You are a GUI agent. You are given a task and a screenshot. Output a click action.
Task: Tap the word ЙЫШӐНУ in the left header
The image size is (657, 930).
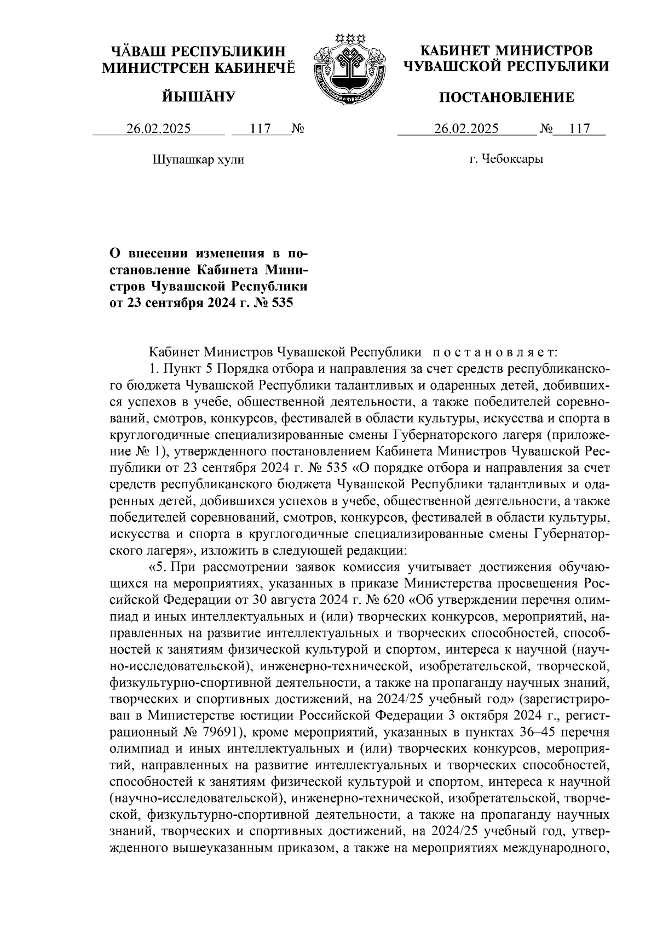tap(198, 98)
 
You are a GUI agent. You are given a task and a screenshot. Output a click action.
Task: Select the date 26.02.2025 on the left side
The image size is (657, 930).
tap(159, 129)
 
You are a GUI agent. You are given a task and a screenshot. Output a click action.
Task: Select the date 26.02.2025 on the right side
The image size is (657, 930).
tap(466, 129)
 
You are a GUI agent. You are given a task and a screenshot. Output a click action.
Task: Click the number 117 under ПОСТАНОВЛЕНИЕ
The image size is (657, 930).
tap(579, 129)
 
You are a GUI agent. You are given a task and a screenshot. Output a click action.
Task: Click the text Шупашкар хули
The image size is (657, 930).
tap(198, 160)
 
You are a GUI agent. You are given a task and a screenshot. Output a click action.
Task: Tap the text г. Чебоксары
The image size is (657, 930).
tap(506, 160)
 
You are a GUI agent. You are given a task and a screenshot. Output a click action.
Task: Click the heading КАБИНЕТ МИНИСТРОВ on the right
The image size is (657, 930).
tap(506, 51)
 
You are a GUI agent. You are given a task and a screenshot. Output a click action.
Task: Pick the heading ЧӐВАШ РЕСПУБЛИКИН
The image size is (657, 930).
tap(198, 52)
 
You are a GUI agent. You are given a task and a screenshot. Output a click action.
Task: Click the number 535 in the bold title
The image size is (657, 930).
tap(283, 302)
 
